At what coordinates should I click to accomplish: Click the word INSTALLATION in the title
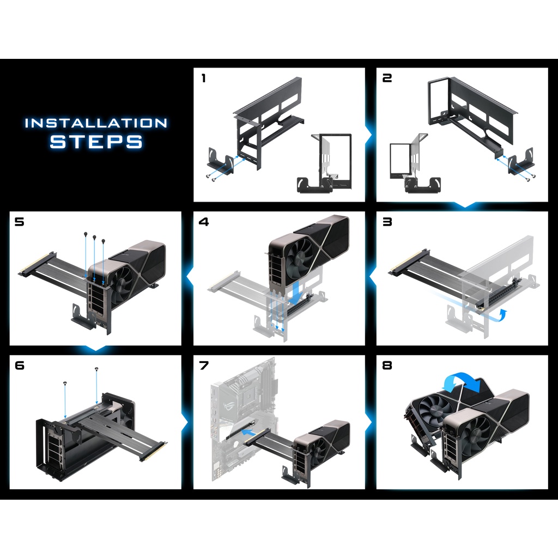pos(96,123)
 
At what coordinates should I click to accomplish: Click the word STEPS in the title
pos(96,141)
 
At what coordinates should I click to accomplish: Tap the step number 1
pos(204,78)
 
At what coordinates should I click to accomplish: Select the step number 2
pos(387,78)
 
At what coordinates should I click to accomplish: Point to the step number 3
pos(387,222)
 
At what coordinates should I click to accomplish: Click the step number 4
pos(204,222)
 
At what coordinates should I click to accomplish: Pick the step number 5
pos(19,222)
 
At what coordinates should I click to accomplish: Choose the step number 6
pos(20,366)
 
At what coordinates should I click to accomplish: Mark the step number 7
pos(204,366)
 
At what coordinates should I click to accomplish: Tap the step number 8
pos(387,366)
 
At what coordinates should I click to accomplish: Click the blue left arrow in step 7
pos(248,432)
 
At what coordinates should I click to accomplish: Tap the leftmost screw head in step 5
pos(86,234)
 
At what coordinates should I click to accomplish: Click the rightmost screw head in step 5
pos(103,242)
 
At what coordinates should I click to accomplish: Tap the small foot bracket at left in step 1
pos(220,162)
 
